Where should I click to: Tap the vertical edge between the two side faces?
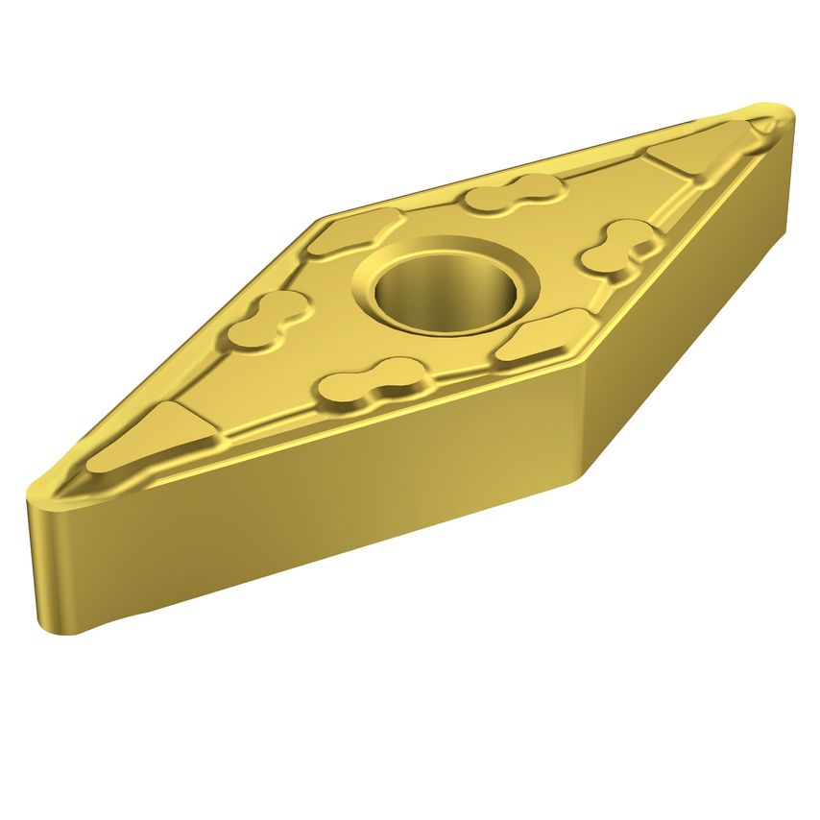coord(582,422)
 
